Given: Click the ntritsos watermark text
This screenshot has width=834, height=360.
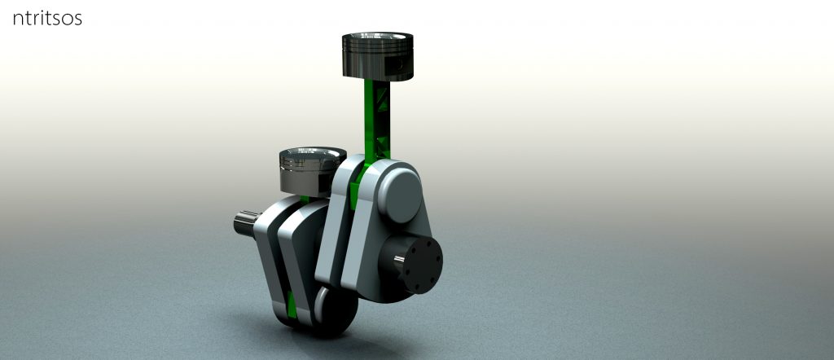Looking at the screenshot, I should coord(47,18).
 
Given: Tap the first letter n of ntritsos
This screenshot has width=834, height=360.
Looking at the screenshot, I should coord(18,19).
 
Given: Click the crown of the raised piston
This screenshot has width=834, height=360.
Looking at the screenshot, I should coord(379,42).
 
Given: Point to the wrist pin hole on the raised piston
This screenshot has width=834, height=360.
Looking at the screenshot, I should coord(399,63).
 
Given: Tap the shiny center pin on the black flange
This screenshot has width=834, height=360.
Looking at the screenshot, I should coord(398,260).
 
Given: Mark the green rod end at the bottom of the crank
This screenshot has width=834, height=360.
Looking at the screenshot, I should coord(292,305).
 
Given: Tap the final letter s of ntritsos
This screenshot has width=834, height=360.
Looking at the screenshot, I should coord(78,19).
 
